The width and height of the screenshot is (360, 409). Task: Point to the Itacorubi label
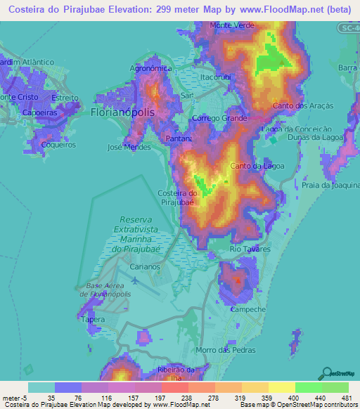(x=215, y=76)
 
